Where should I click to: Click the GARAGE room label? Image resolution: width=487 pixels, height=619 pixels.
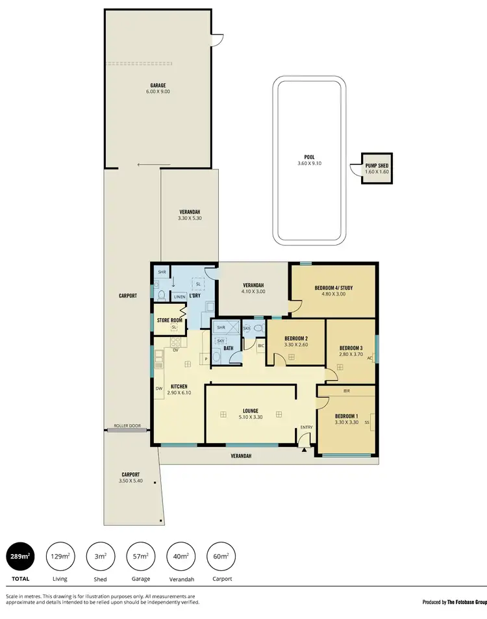coord(158,85)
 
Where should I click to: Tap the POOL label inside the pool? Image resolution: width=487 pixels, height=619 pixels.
coord(308,157)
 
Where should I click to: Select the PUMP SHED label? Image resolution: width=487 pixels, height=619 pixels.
coord(376,165)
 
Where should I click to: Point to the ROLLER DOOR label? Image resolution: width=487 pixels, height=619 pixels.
coord(127,426)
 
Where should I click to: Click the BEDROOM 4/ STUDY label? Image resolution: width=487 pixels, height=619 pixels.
coord(334,287)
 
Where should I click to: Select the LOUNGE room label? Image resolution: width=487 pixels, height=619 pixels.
coord(251,411)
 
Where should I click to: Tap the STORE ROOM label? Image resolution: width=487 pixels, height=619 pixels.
coord(169,320)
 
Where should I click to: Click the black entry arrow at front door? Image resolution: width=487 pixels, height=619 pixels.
coord(303,448)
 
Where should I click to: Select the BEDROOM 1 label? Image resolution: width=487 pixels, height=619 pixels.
coord(346,416)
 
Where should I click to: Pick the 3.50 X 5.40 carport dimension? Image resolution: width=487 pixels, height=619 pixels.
coord(130,481)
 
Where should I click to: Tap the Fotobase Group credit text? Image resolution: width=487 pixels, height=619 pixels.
coord(454,602)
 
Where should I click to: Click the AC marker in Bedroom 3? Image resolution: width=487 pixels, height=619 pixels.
coord(369,358)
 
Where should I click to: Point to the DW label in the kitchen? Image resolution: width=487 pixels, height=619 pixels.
coord(158,388)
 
